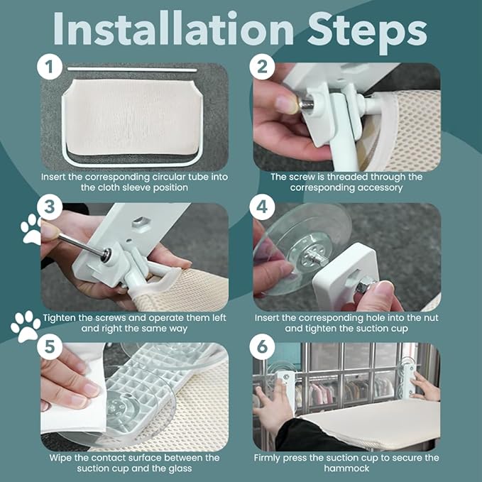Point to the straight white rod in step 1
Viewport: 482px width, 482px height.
click(135, 70)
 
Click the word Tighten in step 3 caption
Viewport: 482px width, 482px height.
click(64, 317)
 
